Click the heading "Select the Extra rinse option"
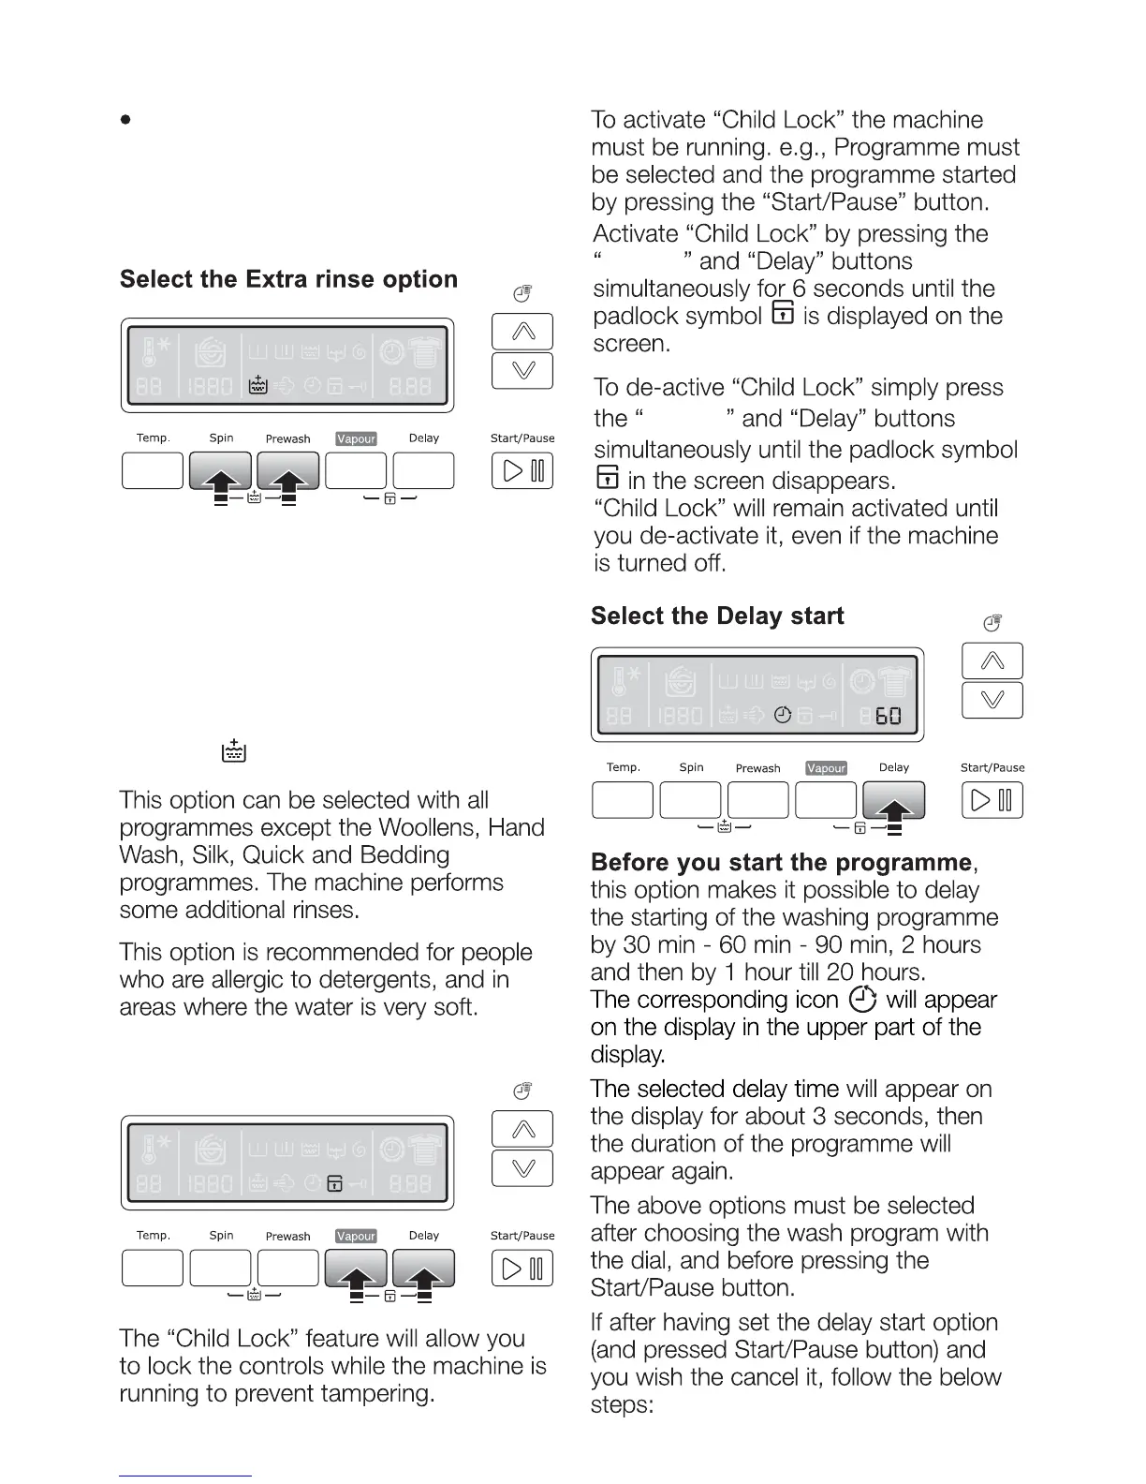(288, 279)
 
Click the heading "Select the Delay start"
(717, 616)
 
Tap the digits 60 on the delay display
(888, 717)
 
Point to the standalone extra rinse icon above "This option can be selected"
(233, 750)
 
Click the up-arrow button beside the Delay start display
(992, 660)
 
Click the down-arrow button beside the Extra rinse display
(522, 370)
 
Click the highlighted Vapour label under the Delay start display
(826, 767)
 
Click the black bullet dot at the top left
(125, 120)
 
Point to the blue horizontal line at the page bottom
(185, 1476)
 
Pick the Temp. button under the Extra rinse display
(153, 470)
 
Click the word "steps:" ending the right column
(622, 1404)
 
